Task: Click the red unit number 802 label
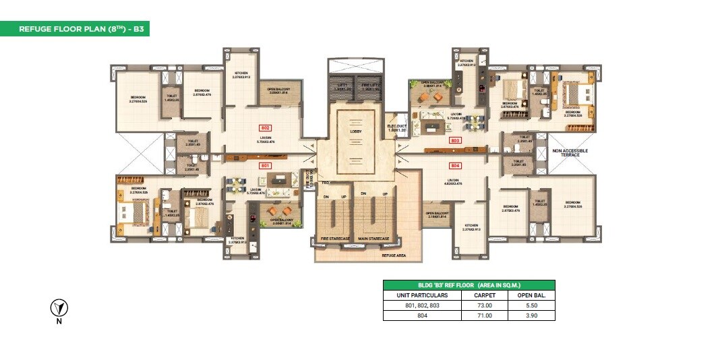point(265,127)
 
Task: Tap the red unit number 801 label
point(265,164)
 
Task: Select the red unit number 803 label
point(454,140)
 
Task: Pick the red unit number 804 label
point(454,164)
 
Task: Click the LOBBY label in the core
point(357,131)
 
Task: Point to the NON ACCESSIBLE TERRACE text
point(570,153)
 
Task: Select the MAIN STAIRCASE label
point(374,239)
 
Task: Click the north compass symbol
point(59,309)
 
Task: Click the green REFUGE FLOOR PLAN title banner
point(74,29)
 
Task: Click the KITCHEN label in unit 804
point(471,227)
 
